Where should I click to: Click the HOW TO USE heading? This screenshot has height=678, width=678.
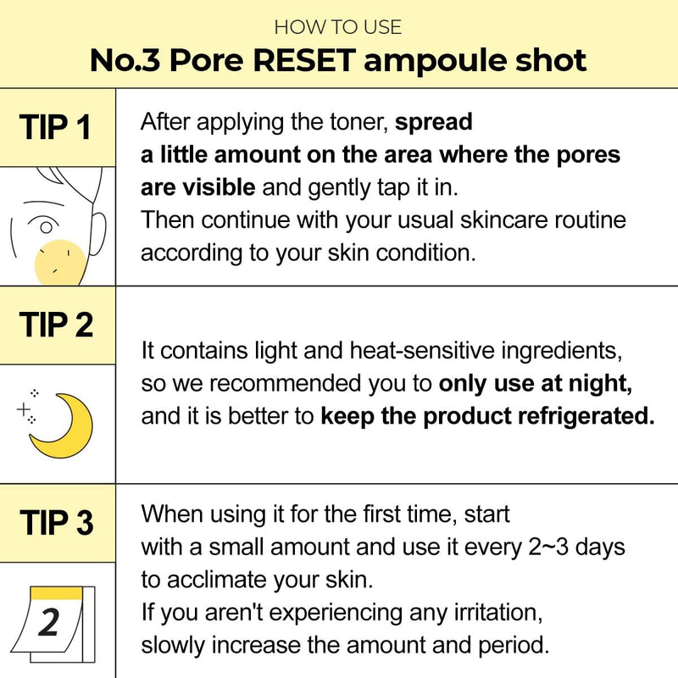tap(337, 27)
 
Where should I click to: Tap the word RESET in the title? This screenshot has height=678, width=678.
tap(304, 60)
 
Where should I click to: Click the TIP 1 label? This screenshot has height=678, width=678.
tap(55, 127)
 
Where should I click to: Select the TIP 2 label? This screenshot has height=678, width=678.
tap(56, 325)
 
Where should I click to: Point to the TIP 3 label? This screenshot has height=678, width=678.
tap(57, 522)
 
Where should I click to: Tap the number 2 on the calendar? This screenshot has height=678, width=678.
tap(48, 622)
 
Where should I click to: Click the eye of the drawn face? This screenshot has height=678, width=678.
tap(44, 225)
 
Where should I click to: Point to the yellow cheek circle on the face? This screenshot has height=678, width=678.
tap(60, 263)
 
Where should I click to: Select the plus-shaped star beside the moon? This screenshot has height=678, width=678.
tap(24, 408)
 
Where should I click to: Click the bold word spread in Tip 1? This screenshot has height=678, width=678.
tap(433, 122)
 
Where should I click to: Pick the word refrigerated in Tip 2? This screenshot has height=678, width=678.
tap(586, 416)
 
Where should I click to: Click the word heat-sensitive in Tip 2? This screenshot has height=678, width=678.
tap(421, 350)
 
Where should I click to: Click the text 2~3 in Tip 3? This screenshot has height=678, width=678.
tap(547, 547)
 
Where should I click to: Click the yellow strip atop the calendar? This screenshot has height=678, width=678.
tap(57, 592)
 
